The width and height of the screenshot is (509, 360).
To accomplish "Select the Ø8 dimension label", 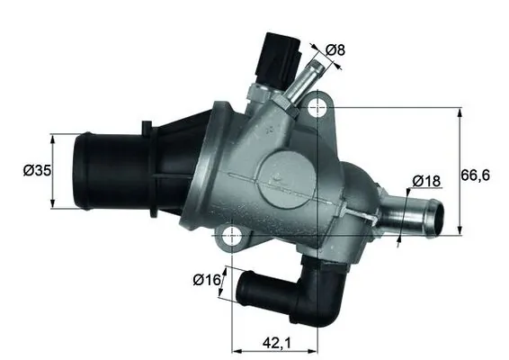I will tap(334, 50).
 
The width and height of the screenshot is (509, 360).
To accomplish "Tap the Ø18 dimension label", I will tap(427, 181).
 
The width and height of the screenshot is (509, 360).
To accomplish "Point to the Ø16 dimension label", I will tap(207, 279).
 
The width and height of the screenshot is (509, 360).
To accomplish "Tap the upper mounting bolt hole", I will tap(317, 109).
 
